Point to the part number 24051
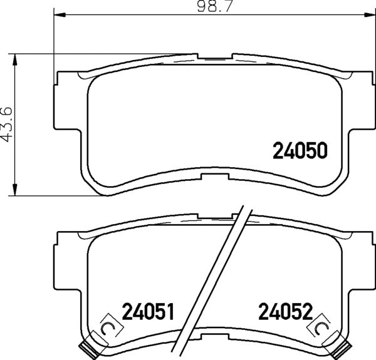(x=147, y=311)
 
